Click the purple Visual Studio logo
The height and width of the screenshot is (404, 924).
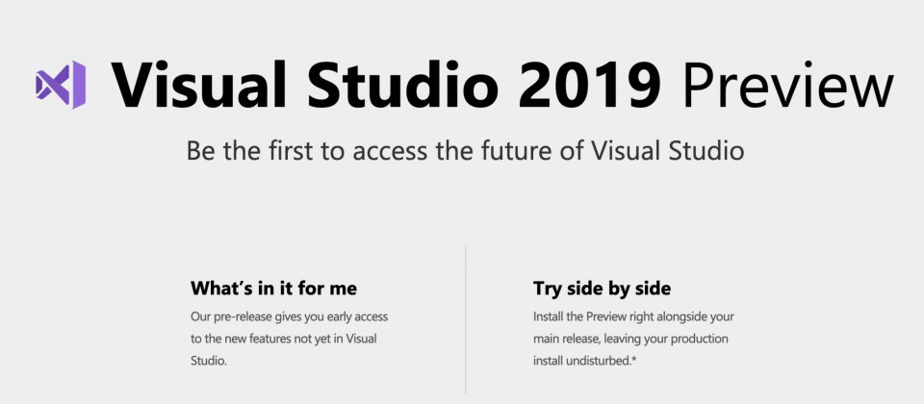(61, 85)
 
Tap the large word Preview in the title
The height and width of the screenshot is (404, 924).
(788, 85)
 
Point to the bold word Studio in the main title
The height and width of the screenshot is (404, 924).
(402, 85)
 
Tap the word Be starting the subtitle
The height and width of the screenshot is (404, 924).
(201, 151)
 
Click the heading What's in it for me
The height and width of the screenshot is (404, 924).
(273, 288)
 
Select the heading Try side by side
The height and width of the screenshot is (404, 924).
(602, 289)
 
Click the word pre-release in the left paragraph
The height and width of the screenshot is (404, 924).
(241, 316)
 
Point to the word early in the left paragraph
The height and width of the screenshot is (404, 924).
(338, 316)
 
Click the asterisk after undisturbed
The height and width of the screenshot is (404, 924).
(633, 358)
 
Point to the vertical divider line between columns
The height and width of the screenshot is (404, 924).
(466, 319)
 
